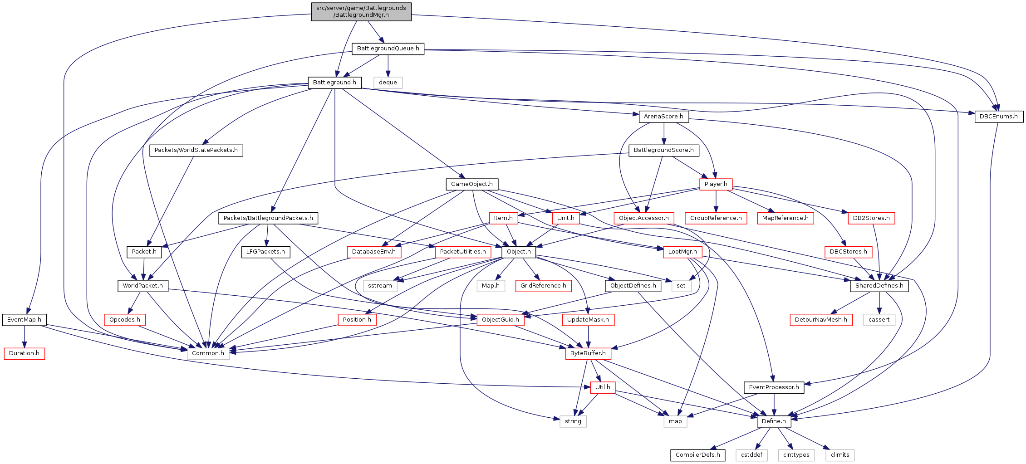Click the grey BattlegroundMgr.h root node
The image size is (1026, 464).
coord(361,11)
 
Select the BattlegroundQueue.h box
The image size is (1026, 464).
coord(388,49)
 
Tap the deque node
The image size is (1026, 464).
coord(388,83)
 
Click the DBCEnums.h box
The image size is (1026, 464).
coord(998,117)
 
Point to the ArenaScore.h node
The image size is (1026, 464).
coord(663,117)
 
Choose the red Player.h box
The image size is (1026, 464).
coord(716,184)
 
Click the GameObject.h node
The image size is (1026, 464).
coord(471,184)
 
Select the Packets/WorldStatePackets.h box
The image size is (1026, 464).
coord(196,150)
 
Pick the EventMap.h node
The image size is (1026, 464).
coord(24,320)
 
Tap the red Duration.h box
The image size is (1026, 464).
coord(24,353)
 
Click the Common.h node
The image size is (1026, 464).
coord(208,353)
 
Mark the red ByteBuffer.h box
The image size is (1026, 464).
coord(588,353)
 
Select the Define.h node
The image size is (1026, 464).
coord(774,421)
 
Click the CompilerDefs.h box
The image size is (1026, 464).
coord(697,455)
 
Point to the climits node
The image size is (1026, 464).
coord(840,455)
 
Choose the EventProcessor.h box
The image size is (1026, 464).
coord(774,387)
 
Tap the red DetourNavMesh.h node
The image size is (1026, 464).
coord(821,320)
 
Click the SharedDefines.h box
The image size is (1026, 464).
coord(879,286)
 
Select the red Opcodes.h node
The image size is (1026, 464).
coord(125,320)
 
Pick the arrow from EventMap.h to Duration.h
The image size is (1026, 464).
coord(24,337)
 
